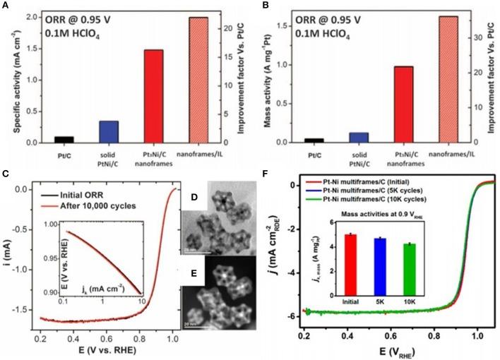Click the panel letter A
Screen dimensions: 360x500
(x=6, y=6)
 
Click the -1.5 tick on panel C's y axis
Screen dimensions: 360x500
(x=26, y=308)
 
